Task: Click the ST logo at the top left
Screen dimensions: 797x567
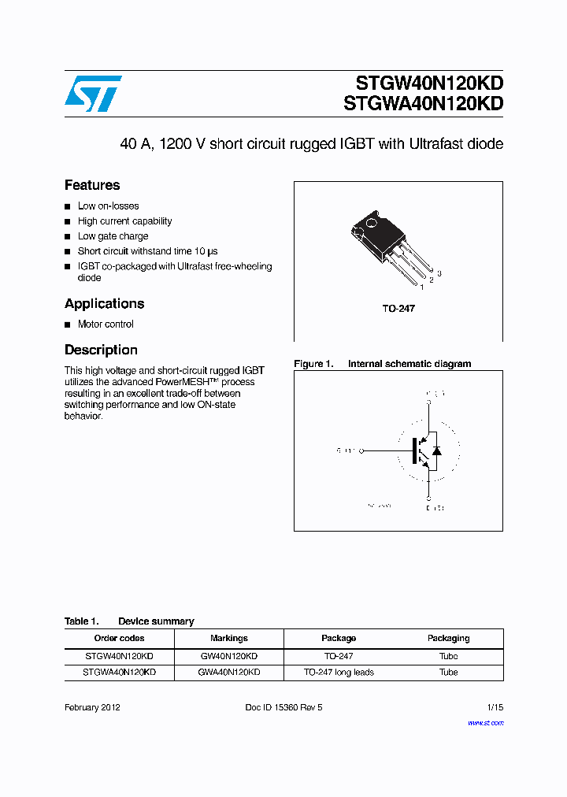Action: coord(93,93)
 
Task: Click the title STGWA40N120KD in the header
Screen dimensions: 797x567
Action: coord(424,103)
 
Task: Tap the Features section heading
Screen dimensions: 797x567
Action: coord(92,185)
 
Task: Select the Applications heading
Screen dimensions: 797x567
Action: coord(104,303)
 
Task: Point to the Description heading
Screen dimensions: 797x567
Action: coord(101,350)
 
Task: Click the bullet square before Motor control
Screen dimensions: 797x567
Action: coord(68,324)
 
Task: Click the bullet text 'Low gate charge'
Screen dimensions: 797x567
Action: coord(113,236)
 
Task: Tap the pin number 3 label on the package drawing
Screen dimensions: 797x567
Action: coord(439,272)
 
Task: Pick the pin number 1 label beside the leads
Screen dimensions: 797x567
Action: coord(422,287)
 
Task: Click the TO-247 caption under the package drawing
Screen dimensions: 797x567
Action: coord(398,308)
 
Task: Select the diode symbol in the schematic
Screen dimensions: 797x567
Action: coord(437,451)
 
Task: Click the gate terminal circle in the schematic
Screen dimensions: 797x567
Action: coord(364,451)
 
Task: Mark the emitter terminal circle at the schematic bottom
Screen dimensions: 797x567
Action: coord(429,499)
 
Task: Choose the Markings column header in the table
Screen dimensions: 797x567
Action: coord(229,638)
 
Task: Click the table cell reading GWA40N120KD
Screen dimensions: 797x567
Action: coord(229,673)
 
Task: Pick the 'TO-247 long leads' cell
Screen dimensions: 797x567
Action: coord(339,673)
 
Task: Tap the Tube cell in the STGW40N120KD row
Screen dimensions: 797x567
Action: coord(448,656)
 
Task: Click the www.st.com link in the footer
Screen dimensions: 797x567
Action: coord(485,722)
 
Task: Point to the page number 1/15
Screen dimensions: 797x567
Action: coord(495,707)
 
